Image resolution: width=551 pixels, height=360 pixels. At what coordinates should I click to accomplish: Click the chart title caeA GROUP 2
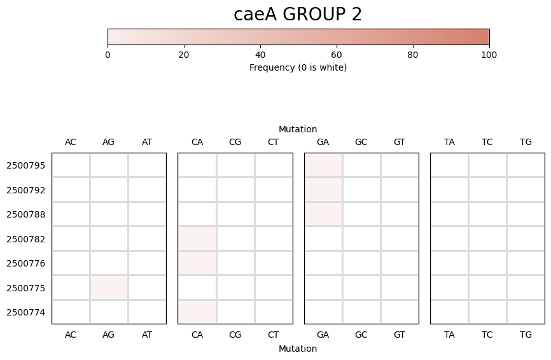(297, 15)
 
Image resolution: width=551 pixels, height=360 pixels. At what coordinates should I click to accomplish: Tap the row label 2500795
(25, 165)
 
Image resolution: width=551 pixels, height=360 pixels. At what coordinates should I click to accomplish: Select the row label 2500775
(25, 287)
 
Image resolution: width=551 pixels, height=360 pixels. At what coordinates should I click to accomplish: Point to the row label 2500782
(25, 239)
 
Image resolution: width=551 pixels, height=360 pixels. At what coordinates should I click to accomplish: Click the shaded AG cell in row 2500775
(109, 287)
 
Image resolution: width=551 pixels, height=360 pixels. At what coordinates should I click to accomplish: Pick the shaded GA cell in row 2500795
(323, 165)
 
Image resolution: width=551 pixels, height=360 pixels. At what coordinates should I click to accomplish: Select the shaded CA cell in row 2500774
(197, 312)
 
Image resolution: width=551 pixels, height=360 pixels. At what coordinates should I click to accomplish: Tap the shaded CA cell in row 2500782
(197, 239)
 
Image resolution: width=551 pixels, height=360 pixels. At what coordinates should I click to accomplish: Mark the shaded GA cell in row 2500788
(323, 214)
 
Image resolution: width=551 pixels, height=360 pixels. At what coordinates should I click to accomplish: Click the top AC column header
(71, 142)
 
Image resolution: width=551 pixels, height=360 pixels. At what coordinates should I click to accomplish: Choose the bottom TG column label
(526, 334)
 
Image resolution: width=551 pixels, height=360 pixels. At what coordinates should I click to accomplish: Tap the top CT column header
(273, 142)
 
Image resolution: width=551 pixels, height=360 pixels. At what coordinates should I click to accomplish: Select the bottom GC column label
(361, 334)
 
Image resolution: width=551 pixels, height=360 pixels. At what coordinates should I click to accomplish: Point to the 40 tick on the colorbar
(260, 55)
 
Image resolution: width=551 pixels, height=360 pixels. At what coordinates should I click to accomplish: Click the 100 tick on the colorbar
(489, 55)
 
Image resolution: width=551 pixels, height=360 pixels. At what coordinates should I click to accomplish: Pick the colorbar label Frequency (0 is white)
(298, 67)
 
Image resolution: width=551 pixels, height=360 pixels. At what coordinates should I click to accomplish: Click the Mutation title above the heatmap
(298, 129)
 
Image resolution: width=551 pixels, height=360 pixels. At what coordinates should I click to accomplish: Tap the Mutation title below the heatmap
(298, 349)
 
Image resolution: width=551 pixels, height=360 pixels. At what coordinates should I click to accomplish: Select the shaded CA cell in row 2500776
(197, 263)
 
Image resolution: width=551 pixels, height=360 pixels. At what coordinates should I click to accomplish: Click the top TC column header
(487, 142)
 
